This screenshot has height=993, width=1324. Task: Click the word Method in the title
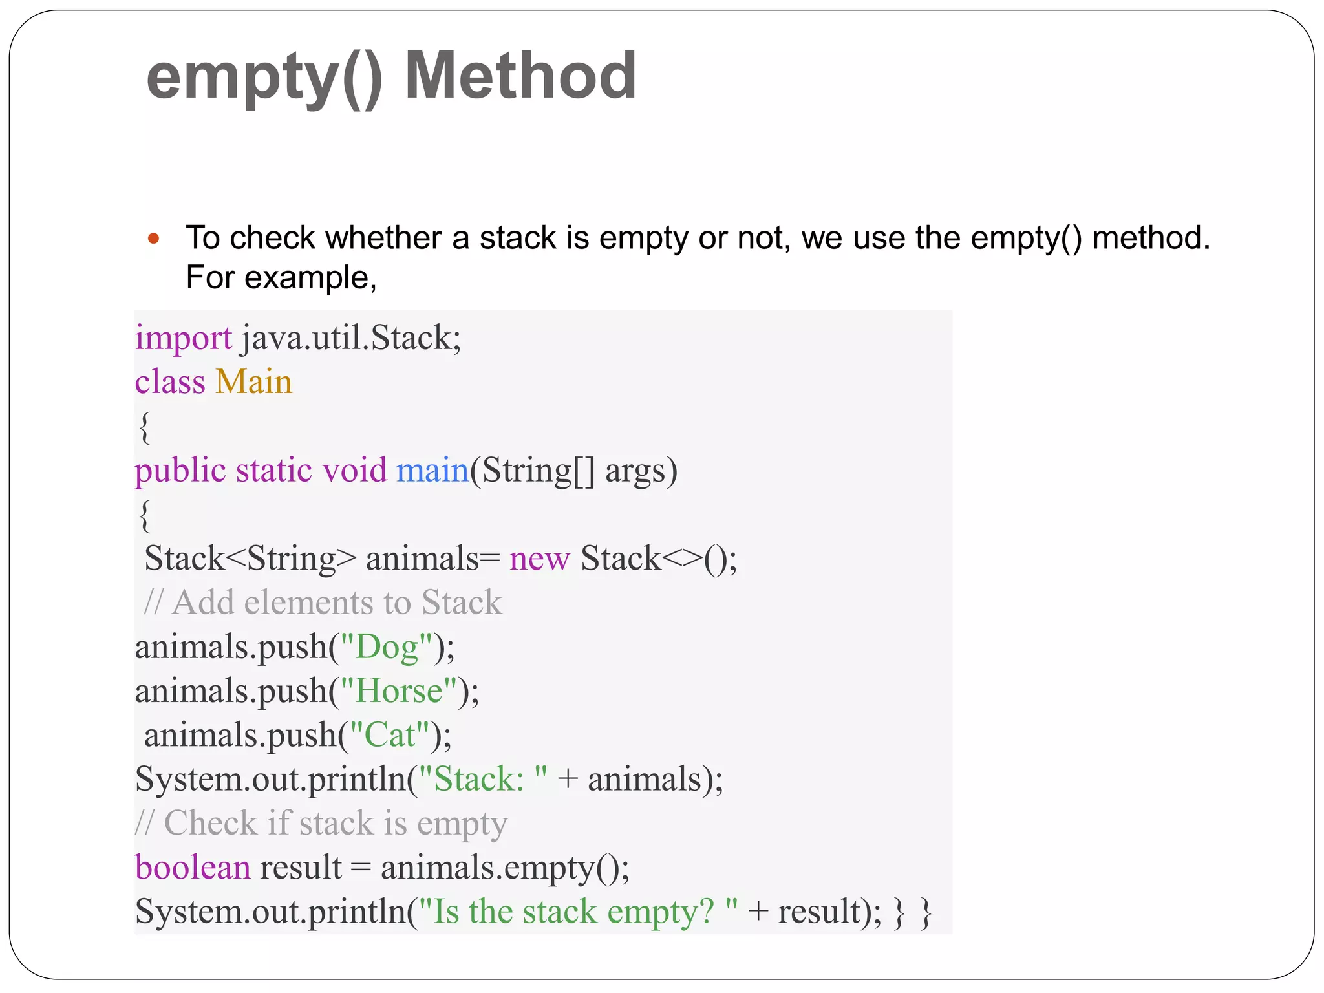point(520,76)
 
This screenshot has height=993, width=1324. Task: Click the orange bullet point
point(153,239)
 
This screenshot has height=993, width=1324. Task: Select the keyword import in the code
point(183,338)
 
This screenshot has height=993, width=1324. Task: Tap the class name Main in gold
point(253,381)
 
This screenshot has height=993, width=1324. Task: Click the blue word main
point(432,470)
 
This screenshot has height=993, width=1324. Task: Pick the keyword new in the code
point(539,559)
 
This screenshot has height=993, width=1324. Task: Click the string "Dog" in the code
point(387,646)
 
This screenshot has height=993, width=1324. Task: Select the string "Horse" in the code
point(399,690)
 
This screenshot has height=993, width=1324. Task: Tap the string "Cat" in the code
point(390,735)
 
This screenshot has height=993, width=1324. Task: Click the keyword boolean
point(193,868)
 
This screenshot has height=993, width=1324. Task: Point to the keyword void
point(354,470)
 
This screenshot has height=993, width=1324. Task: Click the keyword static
point(274,470)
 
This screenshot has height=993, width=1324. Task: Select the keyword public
point(180,470)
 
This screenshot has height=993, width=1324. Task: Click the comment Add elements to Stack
point(323,603)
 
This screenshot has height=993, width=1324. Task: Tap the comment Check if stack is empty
point(321,824)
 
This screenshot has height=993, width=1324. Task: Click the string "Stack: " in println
point(483,779)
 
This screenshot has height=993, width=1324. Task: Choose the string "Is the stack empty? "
point(578,912)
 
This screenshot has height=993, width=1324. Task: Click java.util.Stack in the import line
point(351,338)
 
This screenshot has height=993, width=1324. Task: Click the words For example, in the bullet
point(281,278)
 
